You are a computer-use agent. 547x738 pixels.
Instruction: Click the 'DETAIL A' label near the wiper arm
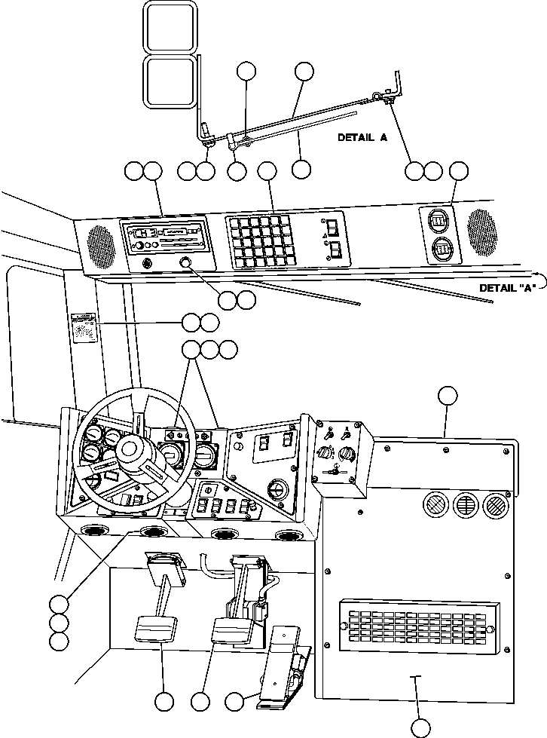click(x=362, y=137)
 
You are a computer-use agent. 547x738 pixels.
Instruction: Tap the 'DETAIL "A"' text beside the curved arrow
click(x=506, y=288)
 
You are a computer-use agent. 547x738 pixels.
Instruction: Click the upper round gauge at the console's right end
click(x=438, y=222)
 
